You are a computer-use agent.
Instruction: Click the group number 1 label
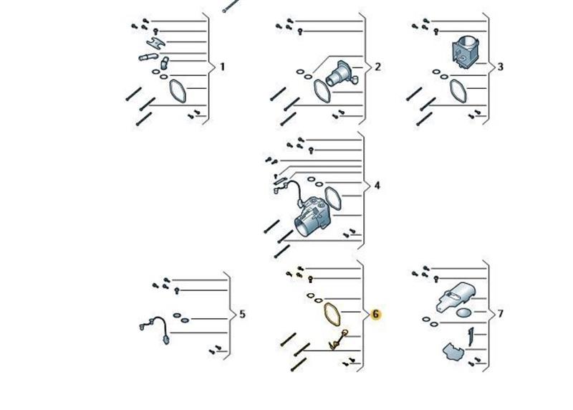click(x=222, y=67)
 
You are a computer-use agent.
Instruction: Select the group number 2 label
click(x=377, y=67)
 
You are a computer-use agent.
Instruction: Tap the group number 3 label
click(x=500, y=67)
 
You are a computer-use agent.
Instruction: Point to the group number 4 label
click(x=377, y=186)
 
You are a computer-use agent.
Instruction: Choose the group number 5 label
click(x=242, y=314)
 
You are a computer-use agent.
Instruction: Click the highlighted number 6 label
click(x=375, y=314)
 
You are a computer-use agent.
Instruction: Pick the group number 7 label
click(x=500, y=314)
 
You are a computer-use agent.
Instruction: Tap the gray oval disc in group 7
click(x=464, y=313)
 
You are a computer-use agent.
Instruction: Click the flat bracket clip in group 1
click(x=156, y=44)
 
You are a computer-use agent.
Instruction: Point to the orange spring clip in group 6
click(x=338, y=340)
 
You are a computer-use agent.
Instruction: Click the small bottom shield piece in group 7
click(x=453, y=352)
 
